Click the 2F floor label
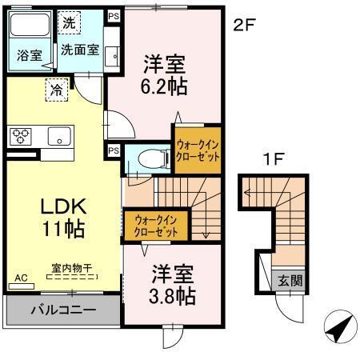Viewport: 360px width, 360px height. pos(243,25)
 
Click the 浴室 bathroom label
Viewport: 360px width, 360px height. pos(30,55)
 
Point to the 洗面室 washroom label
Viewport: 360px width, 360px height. pos(81,48)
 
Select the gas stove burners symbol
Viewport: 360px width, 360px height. pos(20,135)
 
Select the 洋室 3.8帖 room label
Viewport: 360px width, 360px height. pos(173,285)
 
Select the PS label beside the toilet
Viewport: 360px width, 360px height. pos(114,150)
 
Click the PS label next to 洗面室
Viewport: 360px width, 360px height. pos(114,15)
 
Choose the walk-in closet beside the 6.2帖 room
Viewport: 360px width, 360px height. pos(198,150)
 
